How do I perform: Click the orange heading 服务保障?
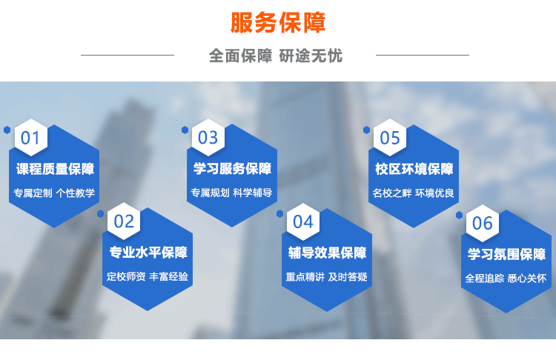click(278, 23)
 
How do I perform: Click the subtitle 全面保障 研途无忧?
click(276, 56)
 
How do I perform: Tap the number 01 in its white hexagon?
click(30, 138)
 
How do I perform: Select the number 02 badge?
click(124, 221)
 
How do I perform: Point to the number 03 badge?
click(208, 138)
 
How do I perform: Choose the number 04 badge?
click(303, 222)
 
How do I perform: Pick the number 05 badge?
click(390, 138)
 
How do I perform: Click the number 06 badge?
click(483, 223)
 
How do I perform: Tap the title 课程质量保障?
click(55, 169)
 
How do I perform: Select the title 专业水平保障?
click(148, 253)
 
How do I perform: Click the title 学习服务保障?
click(232, 168)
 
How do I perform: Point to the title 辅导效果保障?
click(327, 253)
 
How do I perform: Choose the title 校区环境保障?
click(414, 169)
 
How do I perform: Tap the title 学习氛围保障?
click(506, 254)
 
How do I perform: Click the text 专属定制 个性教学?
click(54, 193)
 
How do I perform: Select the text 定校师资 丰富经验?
click(148, 276)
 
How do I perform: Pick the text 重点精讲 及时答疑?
click(327, 277)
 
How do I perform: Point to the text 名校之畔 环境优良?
click(413, 193)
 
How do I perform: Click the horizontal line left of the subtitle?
click(128, 55)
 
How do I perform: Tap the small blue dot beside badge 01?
click(7, 130)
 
